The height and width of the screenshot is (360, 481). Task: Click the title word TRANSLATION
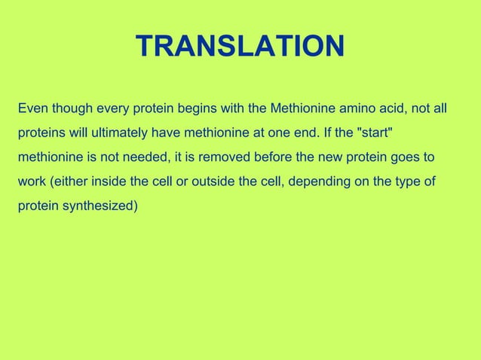tap(240, 47)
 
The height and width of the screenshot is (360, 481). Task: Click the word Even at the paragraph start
tap(32, 109)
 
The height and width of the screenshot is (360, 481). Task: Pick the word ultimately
tap(119, 133)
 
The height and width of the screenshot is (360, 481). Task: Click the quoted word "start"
tap(374, 133)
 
